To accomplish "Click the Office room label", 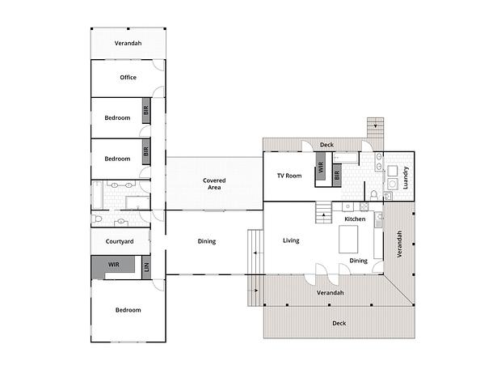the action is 128,78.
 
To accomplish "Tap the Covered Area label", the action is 214,184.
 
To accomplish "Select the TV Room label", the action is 289,176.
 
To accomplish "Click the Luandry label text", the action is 406,177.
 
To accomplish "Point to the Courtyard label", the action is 120,242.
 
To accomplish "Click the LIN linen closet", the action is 146,267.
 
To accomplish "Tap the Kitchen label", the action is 355,219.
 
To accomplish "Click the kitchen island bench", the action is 348,239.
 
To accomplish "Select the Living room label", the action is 291,240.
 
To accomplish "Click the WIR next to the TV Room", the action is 321,167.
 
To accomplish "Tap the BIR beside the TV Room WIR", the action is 337,175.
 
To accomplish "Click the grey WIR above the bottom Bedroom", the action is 113,265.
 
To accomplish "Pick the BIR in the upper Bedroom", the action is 146,111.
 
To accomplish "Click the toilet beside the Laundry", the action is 373,195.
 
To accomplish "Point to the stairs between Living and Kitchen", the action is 324,212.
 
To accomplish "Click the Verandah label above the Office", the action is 128,43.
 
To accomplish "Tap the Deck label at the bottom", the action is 339,323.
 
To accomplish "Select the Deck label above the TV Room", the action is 326,145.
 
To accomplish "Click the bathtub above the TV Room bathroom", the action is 345,158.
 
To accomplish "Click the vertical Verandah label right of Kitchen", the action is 399,244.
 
